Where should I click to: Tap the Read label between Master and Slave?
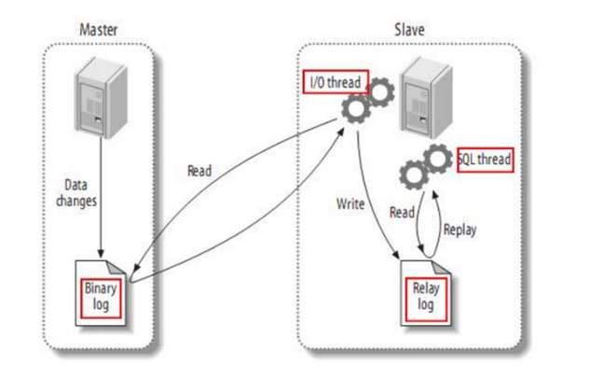[199, 172]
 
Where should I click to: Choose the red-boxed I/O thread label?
[334, 81]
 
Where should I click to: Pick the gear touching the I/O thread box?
[381, 92]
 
